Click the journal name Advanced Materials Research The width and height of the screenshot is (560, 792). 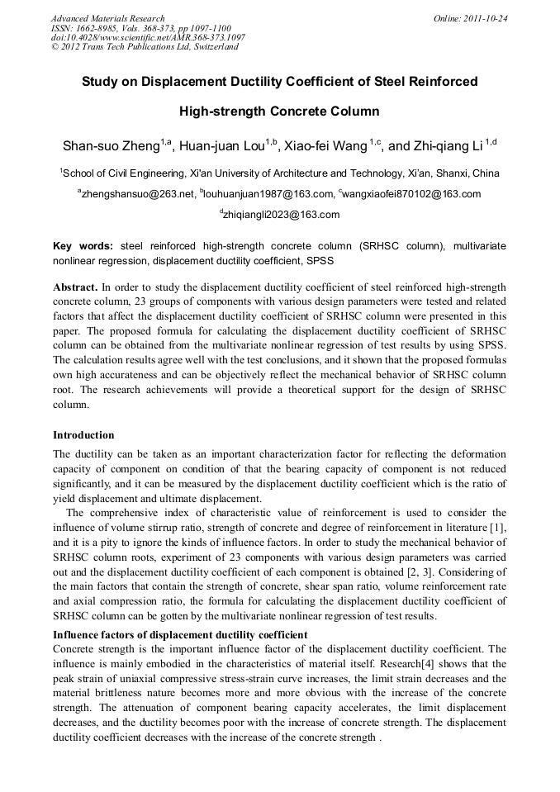coord(107,18)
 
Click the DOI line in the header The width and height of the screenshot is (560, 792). coord(148,37)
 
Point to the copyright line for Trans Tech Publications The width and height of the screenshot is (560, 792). coord(145,47)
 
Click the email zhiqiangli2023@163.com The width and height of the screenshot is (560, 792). coord(282,215)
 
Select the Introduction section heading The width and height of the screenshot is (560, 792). coord(83,434)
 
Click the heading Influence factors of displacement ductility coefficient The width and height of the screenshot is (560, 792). coord(180,634)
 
